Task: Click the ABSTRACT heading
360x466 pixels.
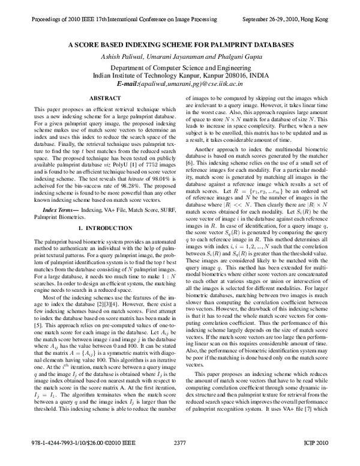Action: (105, 97)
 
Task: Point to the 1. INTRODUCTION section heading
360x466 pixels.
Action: (105, 229)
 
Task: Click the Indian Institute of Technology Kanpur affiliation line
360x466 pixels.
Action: (180, 76)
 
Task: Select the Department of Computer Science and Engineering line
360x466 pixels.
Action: (180, 68)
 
